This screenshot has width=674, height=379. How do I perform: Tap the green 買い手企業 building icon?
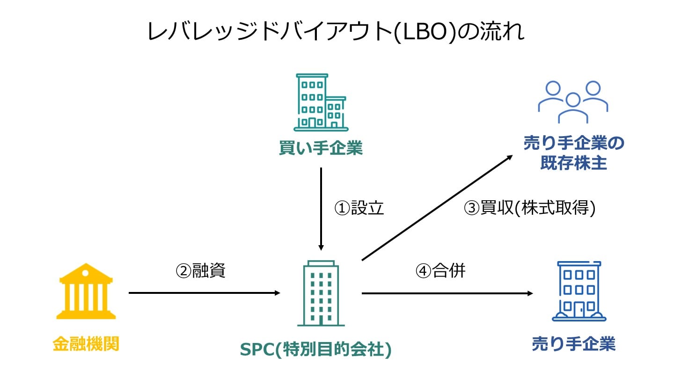(320, 102)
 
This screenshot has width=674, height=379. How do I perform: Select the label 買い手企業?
(321, 149)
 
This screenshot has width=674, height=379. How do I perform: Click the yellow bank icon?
(87, 291)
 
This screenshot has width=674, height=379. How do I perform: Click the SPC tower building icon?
(321, 293)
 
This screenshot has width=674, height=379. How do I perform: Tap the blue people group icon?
(573, 102)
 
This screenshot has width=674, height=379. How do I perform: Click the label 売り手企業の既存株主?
(573, 153)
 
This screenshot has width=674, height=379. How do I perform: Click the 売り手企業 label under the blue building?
(573, 344)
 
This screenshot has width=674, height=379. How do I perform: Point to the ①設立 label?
(359, 208)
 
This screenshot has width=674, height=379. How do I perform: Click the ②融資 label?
(200, 270)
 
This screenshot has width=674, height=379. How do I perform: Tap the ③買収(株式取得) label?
(529, 208)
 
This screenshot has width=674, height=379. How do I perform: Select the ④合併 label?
(440, 270)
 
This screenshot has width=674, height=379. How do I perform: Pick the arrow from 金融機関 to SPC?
(204, 293)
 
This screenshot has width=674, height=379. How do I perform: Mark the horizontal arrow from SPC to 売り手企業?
(447, 293)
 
